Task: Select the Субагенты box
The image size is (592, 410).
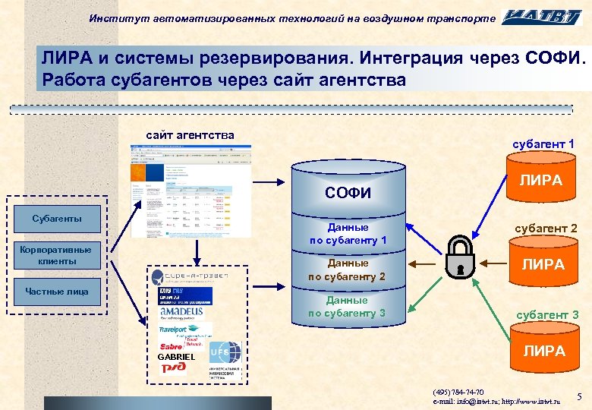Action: tap(57, 219)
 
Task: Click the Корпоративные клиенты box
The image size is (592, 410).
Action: tap(57, 255)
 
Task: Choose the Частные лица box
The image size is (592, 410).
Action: tap(57, 292)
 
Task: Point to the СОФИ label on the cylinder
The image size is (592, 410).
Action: tap(348, 192)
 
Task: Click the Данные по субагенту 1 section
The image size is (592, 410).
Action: tap(348, 234)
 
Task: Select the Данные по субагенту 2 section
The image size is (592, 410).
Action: tap(348, 270)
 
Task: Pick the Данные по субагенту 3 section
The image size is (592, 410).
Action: tap(348, 307)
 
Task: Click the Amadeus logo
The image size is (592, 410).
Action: tap(181, 311)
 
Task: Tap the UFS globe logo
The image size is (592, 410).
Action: tap(225, 352)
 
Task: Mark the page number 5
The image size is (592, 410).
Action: tap(579, 396)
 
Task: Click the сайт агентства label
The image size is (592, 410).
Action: tap(190, 135)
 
